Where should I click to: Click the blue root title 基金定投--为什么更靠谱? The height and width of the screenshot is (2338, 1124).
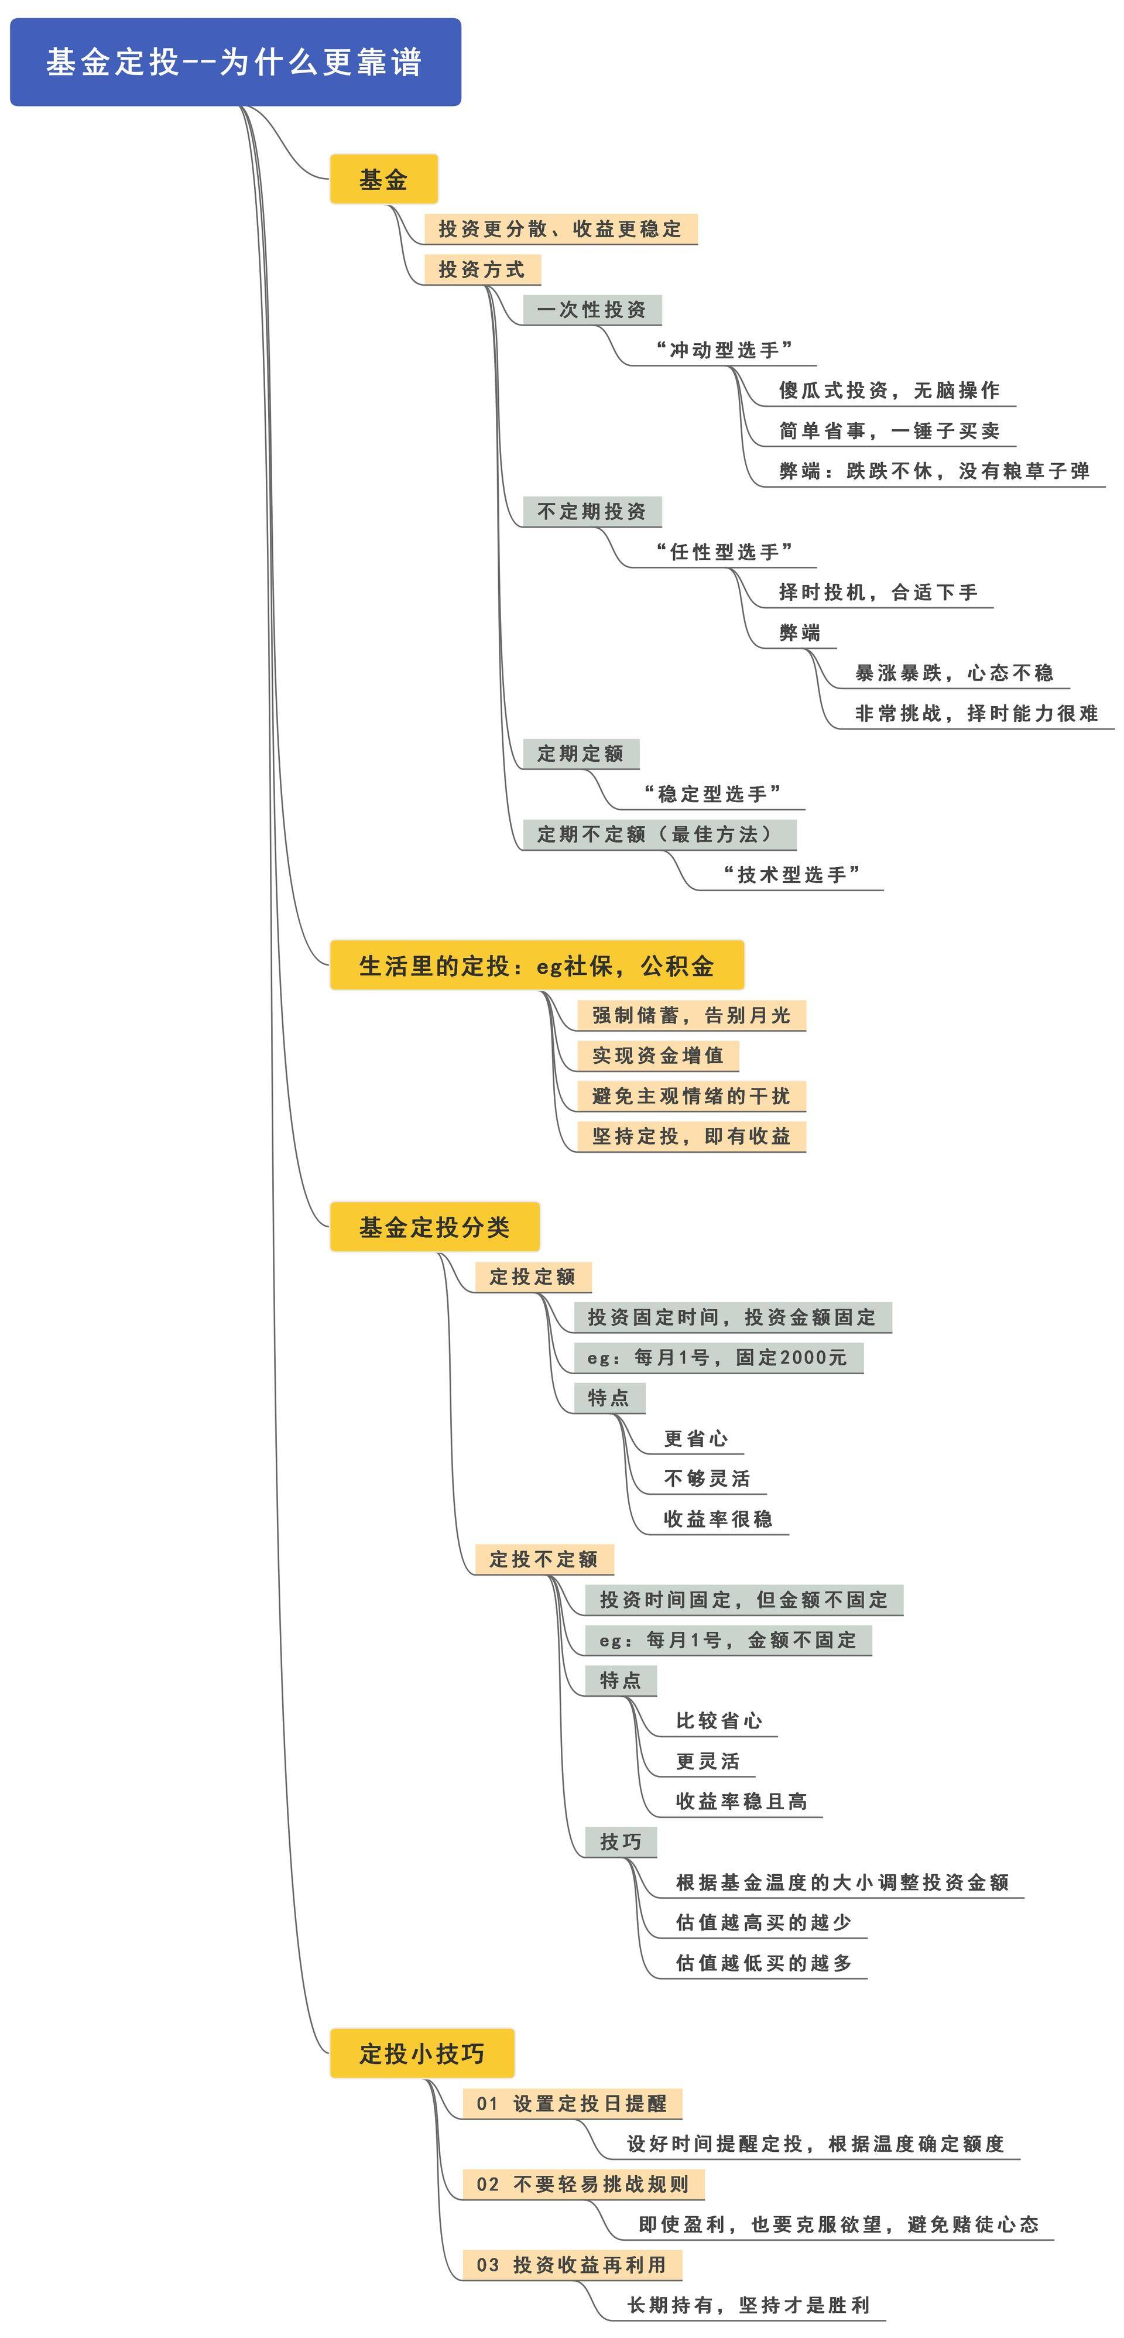[x=235, y=61]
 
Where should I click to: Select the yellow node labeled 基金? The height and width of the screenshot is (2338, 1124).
[x=383, y=180]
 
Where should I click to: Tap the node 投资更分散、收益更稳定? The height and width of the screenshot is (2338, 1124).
[x=560, y=229]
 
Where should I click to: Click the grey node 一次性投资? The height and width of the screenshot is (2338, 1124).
[x=591, y=310]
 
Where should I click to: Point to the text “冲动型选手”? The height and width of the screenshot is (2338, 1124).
[x=724, y=350]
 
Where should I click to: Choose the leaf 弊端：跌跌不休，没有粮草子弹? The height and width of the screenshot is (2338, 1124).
[x=934, y=471]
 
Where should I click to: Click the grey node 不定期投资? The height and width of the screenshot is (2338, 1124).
[x=591, y=511]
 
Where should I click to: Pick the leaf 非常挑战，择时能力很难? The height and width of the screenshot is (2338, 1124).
[x=976, y=713]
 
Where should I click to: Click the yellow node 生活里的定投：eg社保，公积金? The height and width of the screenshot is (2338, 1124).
[x=536, y=966]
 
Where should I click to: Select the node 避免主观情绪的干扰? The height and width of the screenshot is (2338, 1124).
[x=691, y=1096]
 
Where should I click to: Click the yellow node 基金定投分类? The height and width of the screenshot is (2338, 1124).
[x=434, y=1227]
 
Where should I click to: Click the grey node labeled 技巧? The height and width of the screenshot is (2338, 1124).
[x=621, y=1841]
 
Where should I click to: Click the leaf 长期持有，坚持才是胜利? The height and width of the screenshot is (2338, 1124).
[x=748, y=2305]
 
